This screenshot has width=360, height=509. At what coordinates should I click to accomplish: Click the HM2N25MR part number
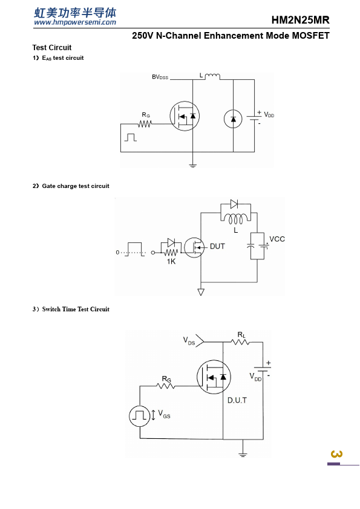coord(300,20)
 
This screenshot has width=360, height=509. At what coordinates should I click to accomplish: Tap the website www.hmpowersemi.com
coord(75,22)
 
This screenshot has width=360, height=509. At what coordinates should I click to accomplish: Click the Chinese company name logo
coord(75,13)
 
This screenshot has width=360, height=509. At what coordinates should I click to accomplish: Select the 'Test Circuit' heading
coord(52,47)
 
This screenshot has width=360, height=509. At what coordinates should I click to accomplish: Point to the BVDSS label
coord(160,77)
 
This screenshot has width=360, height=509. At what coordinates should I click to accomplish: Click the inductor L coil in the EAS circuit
coord(212,77)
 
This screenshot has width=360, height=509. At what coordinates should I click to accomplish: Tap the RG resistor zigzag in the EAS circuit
coord(145,124)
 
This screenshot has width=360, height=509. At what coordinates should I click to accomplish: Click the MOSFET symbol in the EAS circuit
coord(185,116)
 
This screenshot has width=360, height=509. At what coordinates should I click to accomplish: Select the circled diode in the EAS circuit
coord(234,119)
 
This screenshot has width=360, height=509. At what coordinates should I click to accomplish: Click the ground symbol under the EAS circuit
coord(192,166)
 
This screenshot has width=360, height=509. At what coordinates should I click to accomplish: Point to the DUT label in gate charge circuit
coord(217,247)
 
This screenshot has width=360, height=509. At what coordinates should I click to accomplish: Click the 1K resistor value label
coord(171,262)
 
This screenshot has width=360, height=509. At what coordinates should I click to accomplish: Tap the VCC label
coord(277,239)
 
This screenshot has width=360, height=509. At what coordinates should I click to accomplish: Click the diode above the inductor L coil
coord(234,204)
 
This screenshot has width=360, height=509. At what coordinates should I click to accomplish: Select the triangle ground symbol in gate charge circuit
coord(201,292)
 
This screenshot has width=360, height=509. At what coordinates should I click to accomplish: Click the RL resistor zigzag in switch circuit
coord(240,342)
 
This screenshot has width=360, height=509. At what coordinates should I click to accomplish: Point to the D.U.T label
coord(237,400)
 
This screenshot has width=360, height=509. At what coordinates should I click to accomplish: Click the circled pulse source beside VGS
coord(140,416)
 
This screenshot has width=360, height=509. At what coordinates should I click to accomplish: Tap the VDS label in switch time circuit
coord(189,341)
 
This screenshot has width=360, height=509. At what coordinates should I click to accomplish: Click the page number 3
coord(336,454)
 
